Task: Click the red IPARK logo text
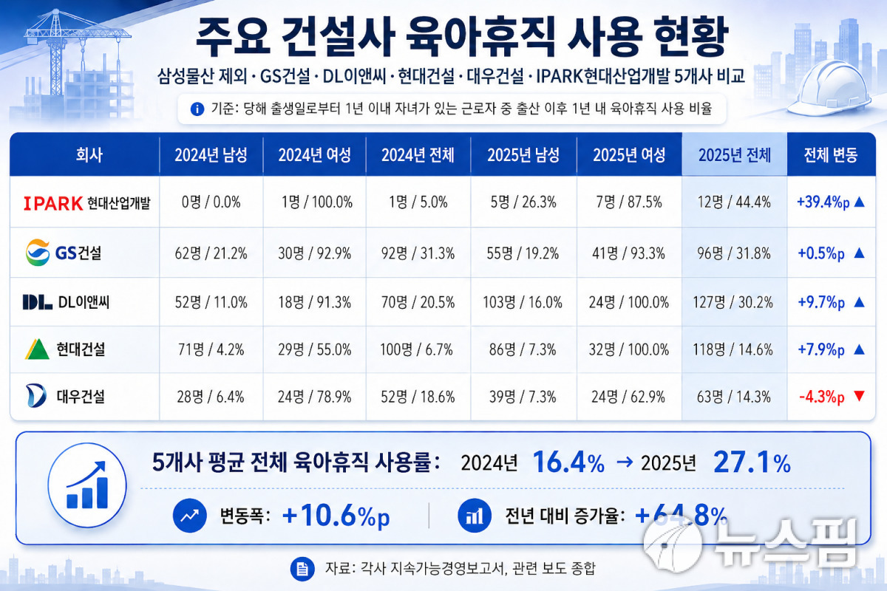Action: (x=53, y=203)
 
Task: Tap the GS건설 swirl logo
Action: (x=38, y=253)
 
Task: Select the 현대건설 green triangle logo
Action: (x=37, y=349)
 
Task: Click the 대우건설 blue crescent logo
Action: (x=36, y=395)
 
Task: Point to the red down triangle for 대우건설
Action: (x=859, y=395)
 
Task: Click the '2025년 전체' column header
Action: (x=735, y=155)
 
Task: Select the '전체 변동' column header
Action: (x=831, y=155)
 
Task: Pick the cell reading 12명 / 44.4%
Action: (x=734, y=202)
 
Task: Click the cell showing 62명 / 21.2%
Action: (x=211, y=253)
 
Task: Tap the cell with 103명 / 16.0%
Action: (x=523, y=302)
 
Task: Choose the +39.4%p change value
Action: (x=823, y=202)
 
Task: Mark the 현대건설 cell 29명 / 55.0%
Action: (x=314, y=349)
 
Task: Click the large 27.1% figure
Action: (x=752, y=462)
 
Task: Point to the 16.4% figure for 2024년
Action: (x=568, y=462)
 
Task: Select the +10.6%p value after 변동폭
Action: (x=336, y=516)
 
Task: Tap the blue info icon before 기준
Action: (x=197, y=109)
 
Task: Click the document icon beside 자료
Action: (x=302, y=569)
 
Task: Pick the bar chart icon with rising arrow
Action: (x=87, y=485)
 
